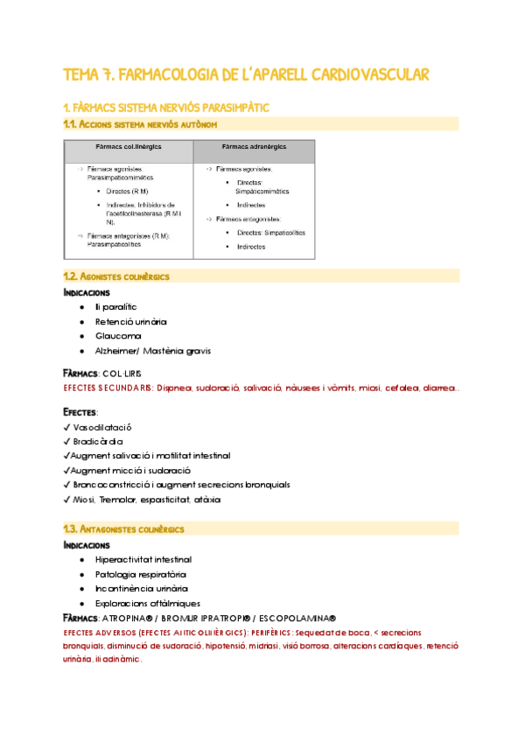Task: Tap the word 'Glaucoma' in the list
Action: pyautogui.click(x=118, y=336)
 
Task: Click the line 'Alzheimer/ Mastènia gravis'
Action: pyautogui.click(x=152, y=351)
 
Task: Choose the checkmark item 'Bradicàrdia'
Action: pyautogui.click(x=99, y=442)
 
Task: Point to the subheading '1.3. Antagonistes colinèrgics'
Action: pyautogui.click(x=127, y=529)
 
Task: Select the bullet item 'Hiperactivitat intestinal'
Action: pyautogui.click(x=143, y=559)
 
